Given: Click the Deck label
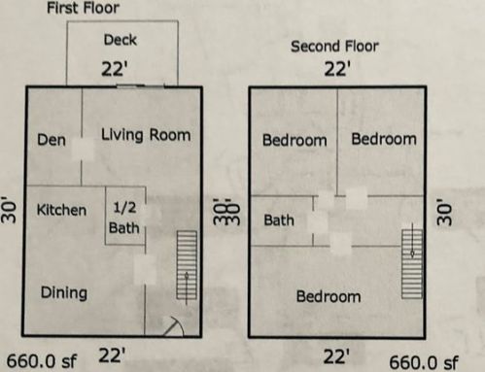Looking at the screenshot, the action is [x=121, y=40].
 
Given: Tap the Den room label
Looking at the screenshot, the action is [x=52, y=140].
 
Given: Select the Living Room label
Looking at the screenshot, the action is [x=146, y=135].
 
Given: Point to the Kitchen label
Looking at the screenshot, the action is [x=61, y=210].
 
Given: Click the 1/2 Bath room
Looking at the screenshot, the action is [x=124, y=216].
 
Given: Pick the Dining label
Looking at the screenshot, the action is [x=64, y=293].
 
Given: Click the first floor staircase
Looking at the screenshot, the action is [x=187, y=265].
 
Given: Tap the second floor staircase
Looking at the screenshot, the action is [x=412, y=263].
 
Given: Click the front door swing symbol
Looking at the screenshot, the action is [x=174, y=326].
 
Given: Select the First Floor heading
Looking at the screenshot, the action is [x=84, y=8].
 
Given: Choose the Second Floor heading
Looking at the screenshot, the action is [x=334, y=47].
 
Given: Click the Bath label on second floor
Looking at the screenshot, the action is [x=279, y=220].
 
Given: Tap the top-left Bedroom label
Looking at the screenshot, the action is [x=294, y=140].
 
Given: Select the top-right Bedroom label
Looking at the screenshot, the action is [x=384, y=139].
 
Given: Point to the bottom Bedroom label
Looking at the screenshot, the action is [x=329, y=296].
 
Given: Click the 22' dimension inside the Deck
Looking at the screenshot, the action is [x=115, y=69].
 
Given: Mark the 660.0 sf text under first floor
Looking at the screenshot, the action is [x=42, y=361].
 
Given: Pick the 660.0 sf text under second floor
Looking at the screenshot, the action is [x=424, y=362].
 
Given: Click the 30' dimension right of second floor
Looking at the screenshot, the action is [x=444, y=212].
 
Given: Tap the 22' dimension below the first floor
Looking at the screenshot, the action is [x=112, y=355].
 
